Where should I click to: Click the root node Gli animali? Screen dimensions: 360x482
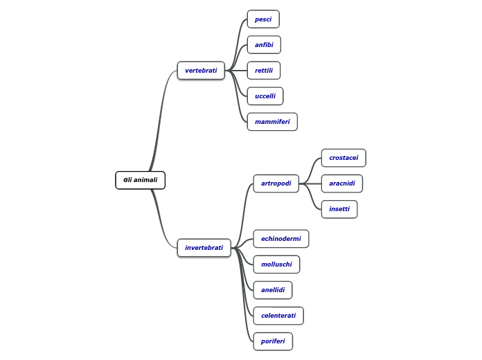[140, 180]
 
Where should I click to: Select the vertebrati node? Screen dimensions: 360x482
[201, 71]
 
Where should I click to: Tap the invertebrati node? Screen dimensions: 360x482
[204, 248]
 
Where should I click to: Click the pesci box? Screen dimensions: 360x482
[263, 19]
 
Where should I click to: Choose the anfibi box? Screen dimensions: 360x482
[264, 45]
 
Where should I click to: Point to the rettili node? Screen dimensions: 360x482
[264, 71]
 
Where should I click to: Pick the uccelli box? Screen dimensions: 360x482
[265, 96]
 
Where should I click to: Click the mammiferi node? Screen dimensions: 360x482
[272, 122]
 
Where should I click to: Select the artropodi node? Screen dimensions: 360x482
[276, 183]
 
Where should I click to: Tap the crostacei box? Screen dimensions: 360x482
[343, 158]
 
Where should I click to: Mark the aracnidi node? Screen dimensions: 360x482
[342, 183]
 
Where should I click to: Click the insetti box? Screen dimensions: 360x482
[339, 209]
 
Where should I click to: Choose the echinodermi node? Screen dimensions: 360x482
[281, 239]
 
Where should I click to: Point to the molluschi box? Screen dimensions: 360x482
[276, 264]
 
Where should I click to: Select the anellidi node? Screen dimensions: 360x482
[273, 290]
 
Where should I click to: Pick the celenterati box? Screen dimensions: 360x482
[278, 316]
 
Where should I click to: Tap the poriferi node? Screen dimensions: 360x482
[273, 341]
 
